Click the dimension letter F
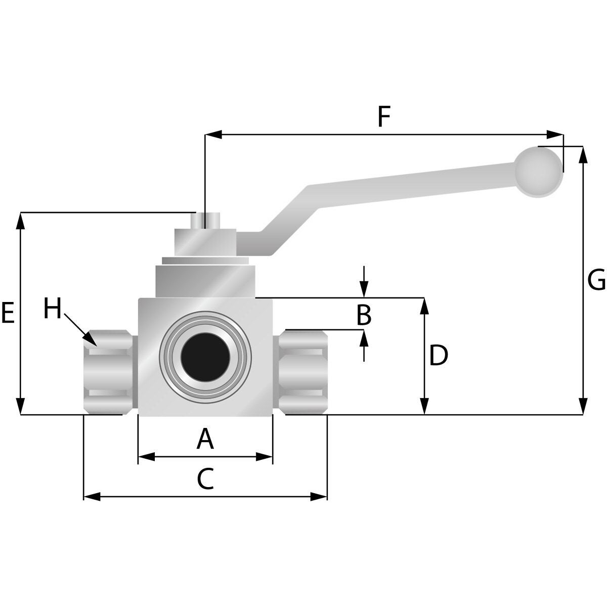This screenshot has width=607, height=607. click(x=384, y=117)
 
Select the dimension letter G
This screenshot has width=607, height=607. click(x=596, y=279)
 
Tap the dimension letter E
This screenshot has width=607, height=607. click(x=8, y=313)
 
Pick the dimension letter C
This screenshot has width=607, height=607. click(x=205, y=479)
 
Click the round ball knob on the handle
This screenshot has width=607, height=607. click(x=539, y=172)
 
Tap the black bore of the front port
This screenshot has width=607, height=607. click(x=205, y=357)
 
